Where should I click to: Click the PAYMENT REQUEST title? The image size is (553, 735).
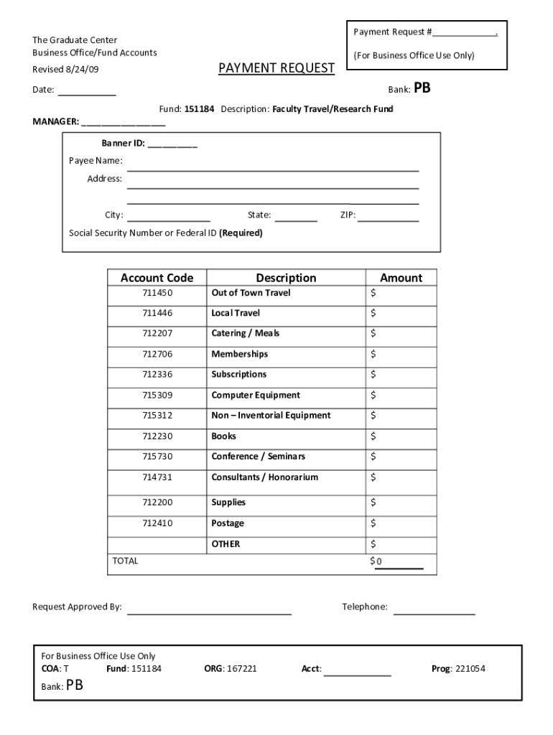pos(276,68)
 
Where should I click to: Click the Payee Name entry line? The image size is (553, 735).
pos(273,168)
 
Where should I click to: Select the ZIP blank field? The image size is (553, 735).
pos(388,217)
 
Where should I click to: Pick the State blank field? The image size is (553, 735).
pos(295,217)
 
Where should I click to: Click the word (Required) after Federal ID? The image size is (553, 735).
pos(241,233)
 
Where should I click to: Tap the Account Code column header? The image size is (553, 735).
pos(157,278)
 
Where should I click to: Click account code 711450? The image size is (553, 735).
pos(157,293)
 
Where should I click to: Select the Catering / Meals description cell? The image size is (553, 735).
pos(246,333)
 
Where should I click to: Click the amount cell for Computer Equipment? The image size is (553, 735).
pos(401,395)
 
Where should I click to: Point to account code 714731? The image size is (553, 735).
pos(157,477)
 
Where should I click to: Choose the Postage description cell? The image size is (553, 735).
pos(228,523)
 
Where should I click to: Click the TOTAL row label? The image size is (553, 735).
pos(126,561)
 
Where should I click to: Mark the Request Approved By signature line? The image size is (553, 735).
pos(209,612)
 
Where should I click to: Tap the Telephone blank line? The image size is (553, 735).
pos(434,612)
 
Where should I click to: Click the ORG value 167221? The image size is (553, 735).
pos(241,668)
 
